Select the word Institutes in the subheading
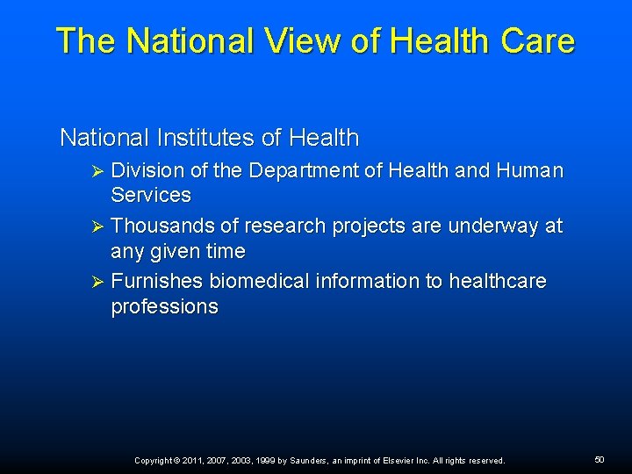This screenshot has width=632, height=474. click(207, 138)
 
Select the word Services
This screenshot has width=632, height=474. click(150, 195)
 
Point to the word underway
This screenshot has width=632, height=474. click(492, 226)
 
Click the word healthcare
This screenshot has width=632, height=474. click(497, 282)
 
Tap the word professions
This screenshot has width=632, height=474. click(164, 307)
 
